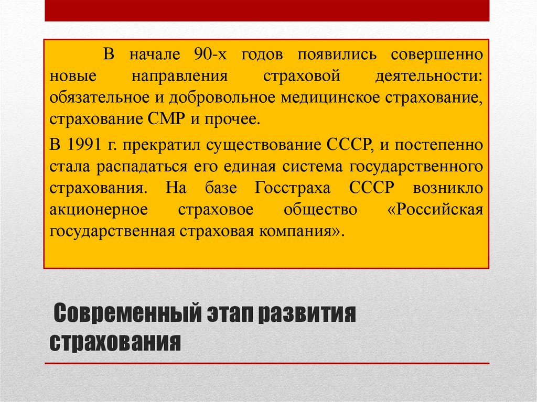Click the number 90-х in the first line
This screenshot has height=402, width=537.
coord(209,54)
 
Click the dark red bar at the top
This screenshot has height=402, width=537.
coord(267,10)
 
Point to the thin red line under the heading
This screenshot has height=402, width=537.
coord(267,363)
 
